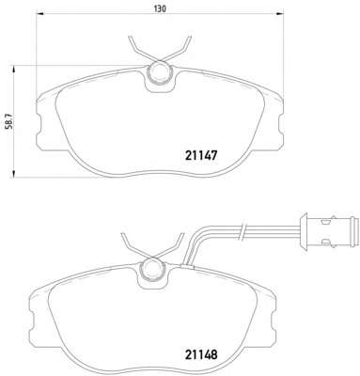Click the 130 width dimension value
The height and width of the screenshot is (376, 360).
coord(160,8)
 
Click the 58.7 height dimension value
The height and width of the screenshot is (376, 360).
coord(9,121)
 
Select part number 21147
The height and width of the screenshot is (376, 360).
coord(201,155)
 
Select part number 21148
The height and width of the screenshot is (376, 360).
coord(201,354)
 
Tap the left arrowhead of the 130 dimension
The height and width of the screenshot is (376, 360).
coord(41,13)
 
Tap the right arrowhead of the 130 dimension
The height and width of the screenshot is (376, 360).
coord(279,13)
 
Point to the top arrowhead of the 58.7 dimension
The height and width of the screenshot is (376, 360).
coord(13,70)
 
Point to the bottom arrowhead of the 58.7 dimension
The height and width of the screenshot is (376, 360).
coord(13,173)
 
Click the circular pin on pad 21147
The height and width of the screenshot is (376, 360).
coord(160,72)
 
